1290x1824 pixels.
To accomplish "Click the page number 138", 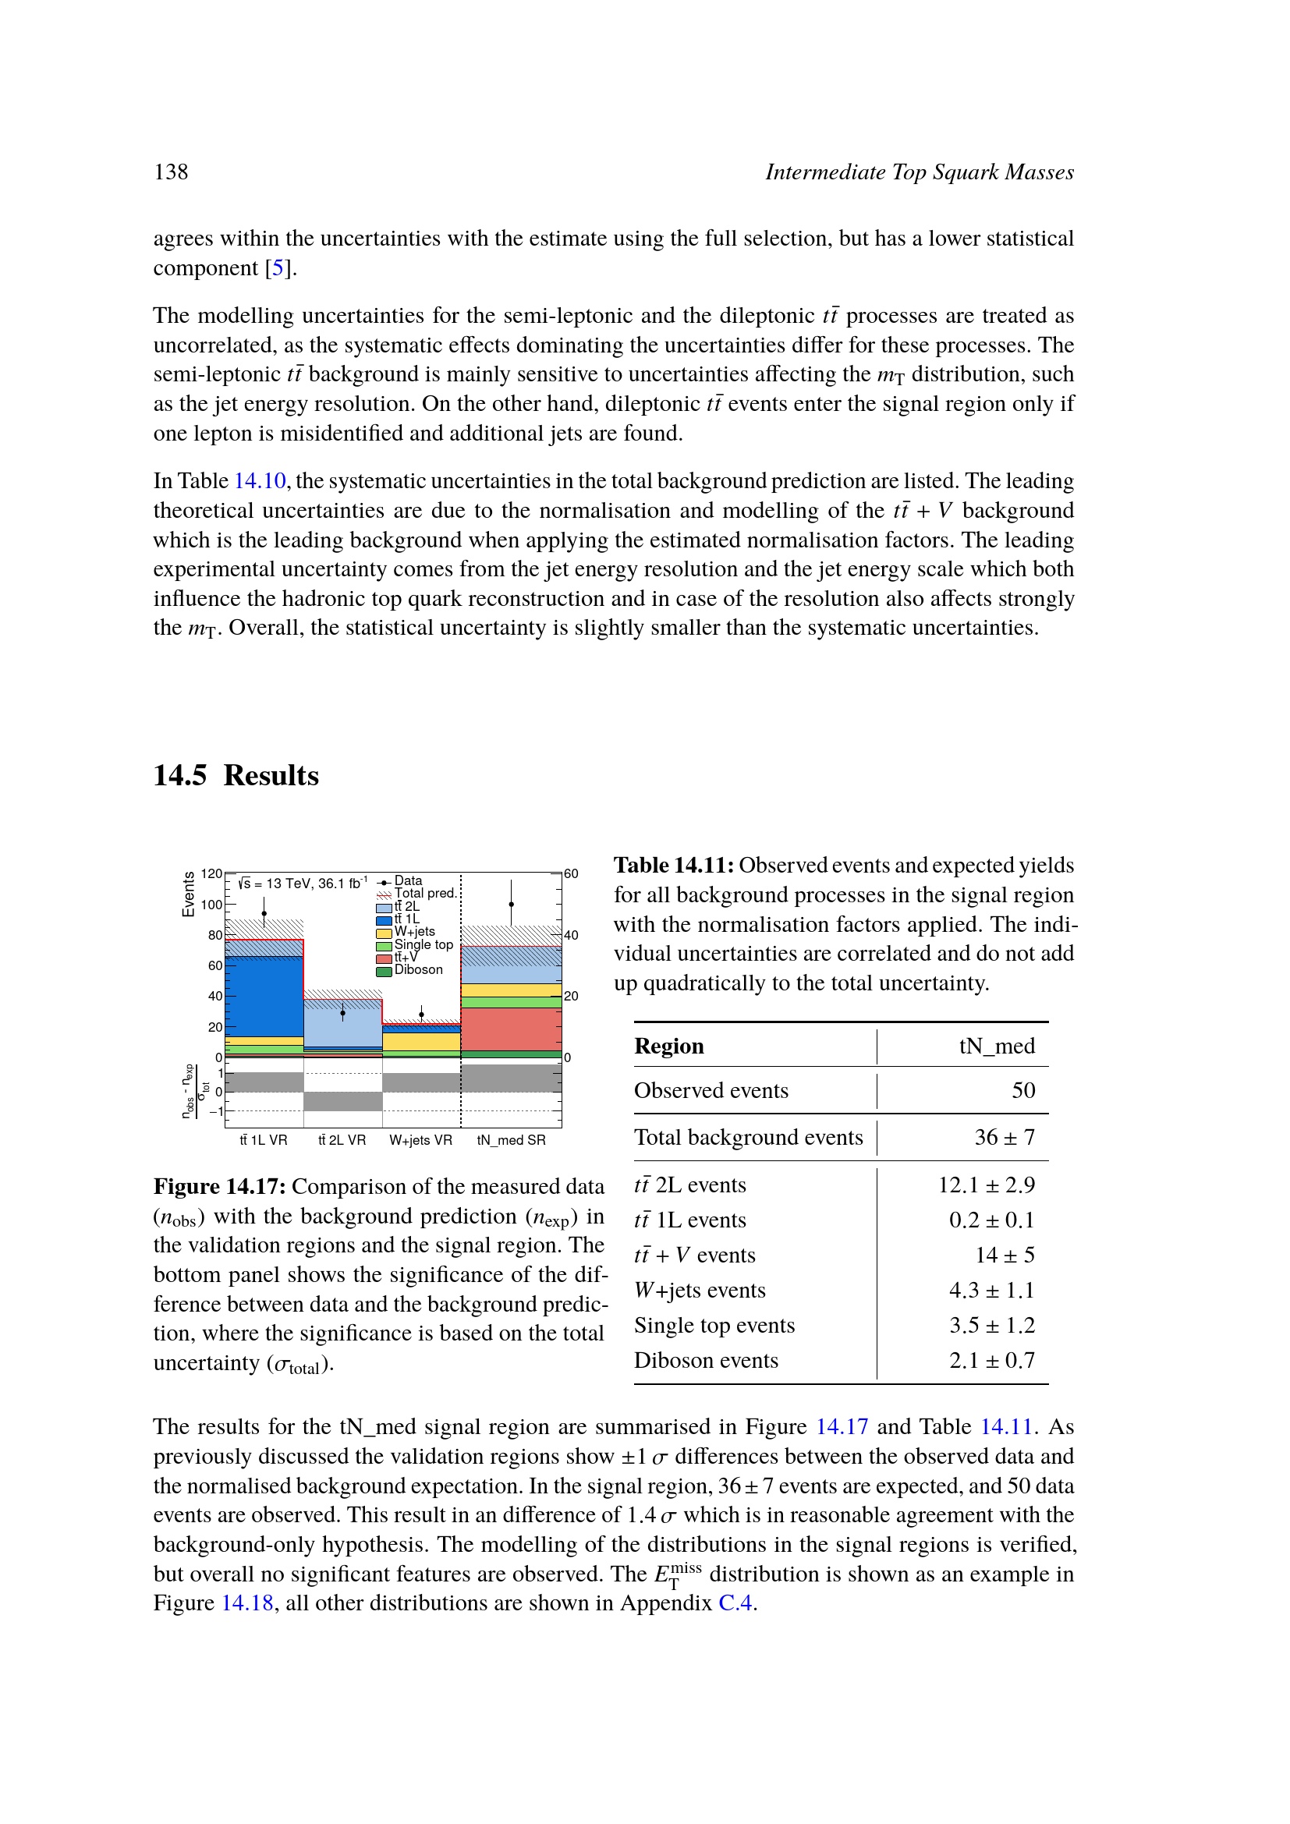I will (x=171, y=172).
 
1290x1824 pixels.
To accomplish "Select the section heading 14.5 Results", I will (x=236, y=775).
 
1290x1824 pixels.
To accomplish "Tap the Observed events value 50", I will (x=1023, y=1091).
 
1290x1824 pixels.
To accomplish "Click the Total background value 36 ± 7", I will (x=1004, y=1138).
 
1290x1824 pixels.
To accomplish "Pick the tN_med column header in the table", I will (x=997, y=1047).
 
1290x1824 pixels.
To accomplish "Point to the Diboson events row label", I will (x=705, y=1361).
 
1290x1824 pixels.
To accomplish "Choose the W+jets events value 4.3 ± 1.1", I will (x=991, y=1290).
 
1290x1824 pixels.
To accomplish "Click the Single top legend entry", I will (x=423, y=944).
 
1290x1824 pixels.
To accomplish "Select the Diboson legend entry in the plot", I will (x=418, y=970).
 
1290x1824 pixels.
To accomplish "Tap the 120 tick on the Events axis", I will (x=211, y=874).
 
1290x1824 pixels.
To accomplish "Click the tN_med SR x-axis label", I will (x=511, y=1140).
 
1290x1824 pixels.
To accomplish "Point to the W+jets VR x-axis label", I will (x=420, y=1140).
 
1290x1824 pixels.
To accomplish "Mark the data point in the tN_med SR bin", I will (x=512, y=904).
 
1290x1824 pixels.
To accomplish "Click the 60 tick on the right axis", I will (x=571, y=874).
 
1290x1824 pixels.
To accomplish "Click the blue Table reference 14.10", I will (x=260, y=481).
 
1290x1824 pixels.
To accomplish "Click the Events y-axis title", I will (x=188, y=894).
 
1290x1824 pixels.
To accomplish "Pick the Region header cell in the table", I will (x=669, y=1047).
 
